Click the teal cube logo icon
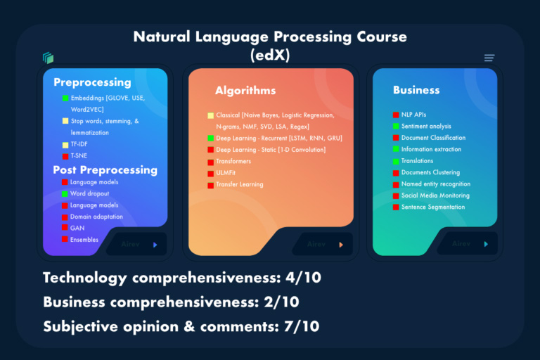[x=48, y=58]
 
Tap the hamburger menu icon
[x=489, y=58]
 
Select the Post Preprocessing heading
[x=105, y=169]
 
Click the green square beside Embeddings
[x=65, y=98]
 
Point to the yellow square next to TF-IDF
[x=65, y=145]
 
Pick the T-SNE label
[x=79, y=156]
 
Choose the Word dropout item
[x=90, y=193]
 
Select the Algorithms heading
[x=245, y=91]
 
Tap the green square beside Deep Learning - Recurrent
[x=210, y=139]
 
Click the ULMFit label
[x=228, y=173]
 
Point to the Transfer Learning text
[x=239, y=184]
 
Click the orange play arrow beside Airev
[x=341, y=245]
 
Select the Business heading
[x=416, y=90]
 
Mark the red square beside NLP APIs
[x=396, y=115]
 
